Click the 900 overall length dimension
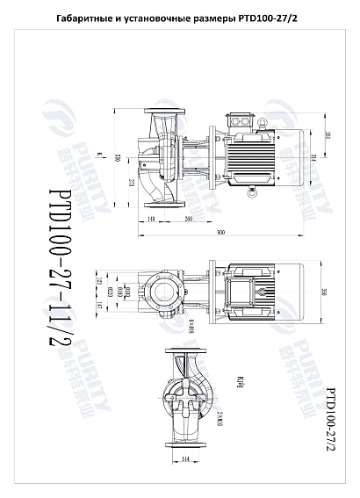[x=220, y=233]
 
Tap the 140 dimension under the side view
[x=151, y=218]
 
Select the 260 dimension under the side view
[x=189, y=218]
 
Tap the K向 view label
[x=239, y=379]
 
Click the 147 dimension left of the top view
[x=125, y=305]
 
